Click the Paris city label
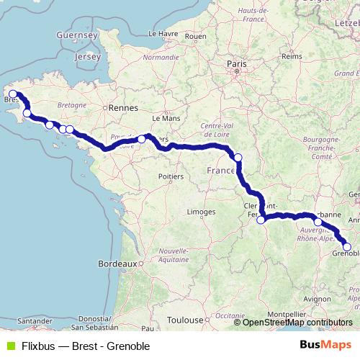237,64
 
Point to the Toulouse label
184,319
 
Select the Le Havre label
163,33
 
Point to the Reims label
292,55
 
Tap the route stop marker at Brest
13,94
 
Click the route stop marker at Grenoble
347,248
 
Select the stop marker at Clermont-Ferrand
261,220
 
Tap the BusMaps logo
327,345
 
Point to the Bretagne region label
72,104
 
